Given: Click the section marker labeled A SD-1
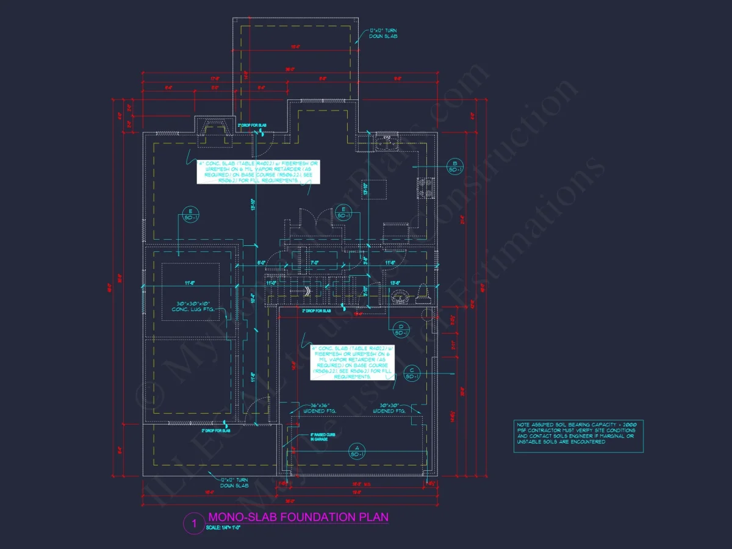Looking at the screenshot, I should click(356, 451).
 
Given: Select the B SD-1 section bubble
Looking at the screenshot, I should click(454, 166).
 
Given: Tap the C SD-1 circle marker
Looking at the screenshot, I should click(412, 373).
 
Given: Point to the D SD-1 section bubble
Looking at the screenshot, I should click(401, 329).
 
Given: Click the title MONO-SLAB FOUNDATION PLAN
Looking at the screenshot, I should click(298, 517).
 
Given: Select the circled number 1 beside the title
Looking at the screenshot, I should click(194, 523).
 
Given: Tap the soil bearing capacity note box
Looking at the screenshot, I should click(578, 436).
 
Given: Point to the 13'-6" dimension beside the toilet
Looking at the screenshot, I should click(395, 282).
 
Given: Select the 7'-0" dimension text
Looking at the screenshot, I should click(315, 263).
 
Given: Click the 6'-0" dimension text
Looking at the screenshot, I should click(262, 263).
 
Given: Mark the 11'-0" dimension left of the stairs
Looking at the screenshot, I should click(271, 283).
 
